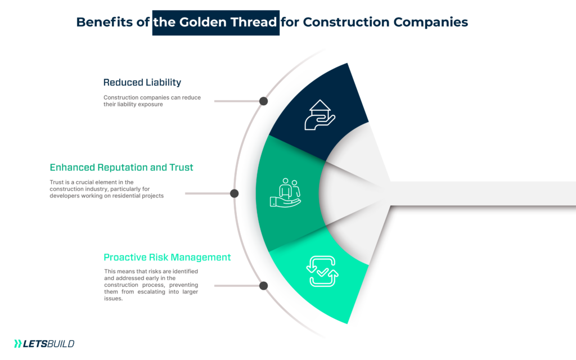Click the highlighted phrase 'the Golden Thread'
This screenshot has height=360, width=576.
(x=215, y=22)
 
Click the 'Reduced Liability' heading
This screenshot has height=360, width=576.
(x=142, y=82)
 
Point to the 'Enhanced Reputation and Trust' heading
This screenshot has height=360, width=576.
(x=121, y=168)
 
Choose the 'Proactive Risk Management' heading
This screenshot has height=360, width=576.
(x=167, y=257)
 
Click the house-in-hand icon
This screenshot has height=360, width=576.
(x=319, y=115)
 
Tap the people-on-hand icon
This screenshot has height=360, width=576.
(x=285, y=193)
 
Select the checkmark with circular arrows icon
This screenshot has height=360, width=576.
(x=322, y=271)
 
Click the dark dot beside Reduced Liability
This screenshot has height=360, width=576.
(x=263, y=101)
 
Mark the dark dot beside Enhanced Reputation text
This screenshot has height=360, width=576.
(x=235, y=193)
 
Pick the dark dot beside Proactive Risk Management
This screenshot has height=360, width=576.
(x=263, y=285)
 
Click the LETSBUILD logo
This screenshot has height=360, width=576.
(x=44, y=344)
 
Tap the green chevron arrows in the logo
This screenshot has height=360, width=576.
(x=17, y=344)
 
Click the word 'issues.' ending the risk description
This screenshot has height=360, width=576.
(x=113, y=299)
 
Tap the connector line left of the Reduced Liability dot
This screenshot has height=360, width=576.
(x=237, y=101)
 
